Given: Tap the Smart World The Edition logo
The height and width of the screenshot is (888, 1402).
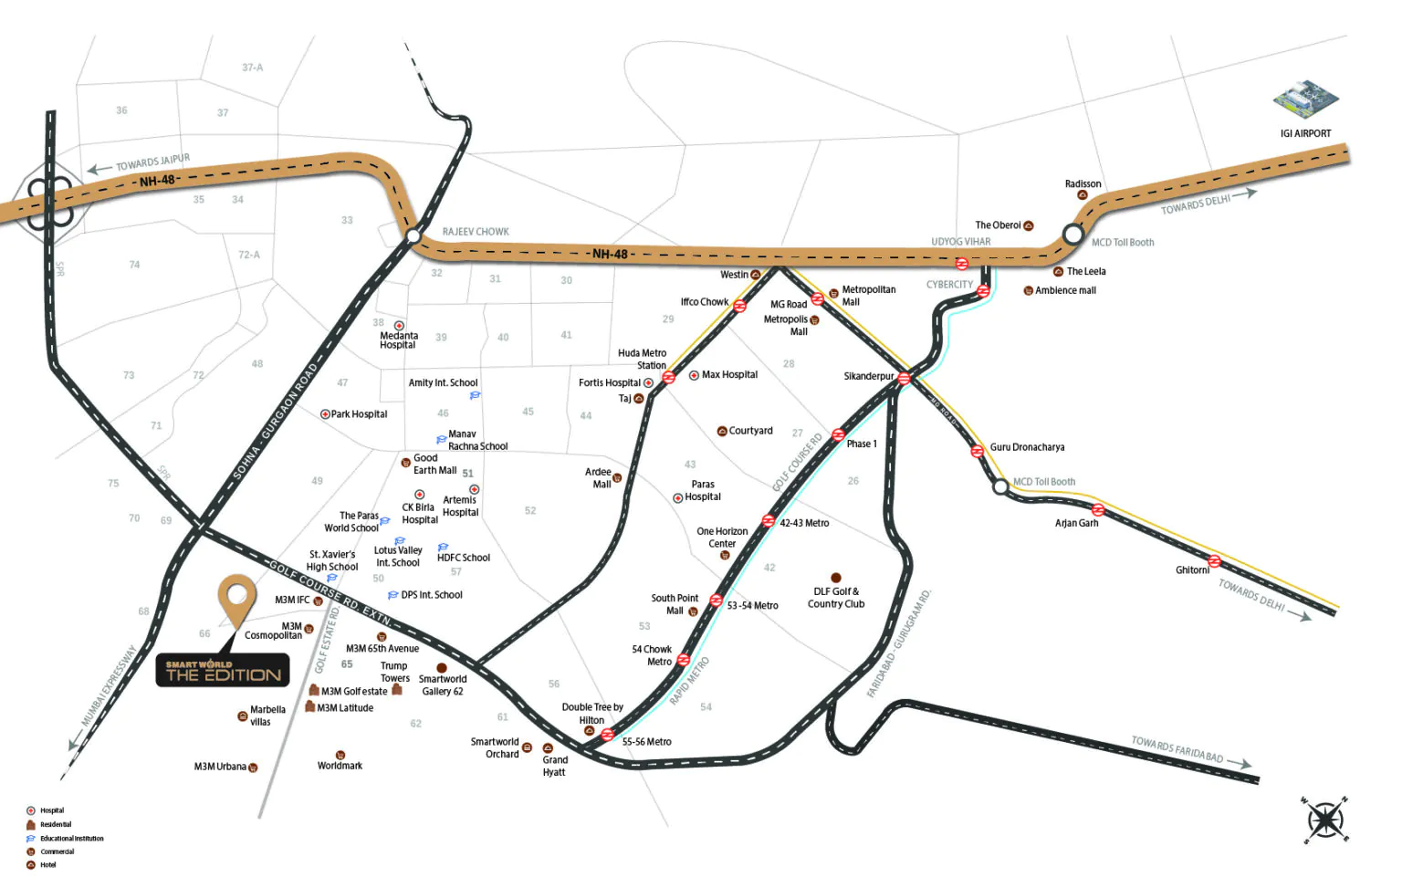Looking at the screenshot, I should (223, 672).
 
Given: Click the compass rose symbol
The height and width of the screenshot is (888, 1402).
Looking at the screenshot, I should (1324, 820).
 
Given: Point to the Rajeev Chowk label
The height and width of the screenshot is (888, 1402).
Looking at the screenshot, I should (476, 232).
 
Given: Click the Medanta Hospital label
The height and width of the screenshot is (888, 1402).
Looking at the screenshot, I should (398, 340).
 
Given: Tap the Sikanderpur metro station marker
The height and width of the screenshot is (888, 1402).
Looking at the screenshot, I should (904, 378).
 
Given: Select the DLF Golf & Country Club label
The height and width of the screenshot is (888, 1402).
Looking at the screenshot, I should (836, 598).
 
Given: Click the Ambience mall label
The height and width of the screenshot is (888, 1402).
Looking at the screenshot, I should (1065, 290).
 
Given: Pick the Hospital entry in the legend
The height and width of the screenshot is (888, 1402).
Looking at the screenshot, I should (51, 810).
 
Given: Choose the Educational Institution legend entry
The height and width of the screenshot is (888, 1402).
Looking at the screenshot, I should (71, 838).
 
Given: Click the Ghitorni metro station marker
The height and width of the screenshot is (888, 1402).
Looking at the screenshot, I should (1214, 561).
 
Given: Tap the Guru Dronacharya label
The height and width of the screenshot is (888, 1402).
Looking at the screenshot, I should (1027, 447).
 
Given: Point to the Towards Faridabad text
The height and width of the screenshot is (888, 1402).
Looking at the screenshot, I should (1177, 749).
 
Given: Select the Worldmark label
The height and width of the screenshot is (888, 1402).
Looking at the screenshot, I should (340, 766).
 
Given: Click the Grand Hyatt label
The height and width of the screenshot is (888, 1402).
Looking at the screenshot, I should (554, 766).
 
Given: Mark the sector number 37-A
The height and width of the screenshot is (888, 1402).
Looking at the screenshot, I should (252, 68).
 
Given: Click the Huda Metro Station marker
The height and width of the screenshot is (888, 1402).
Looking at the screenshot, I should (668, 377).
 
